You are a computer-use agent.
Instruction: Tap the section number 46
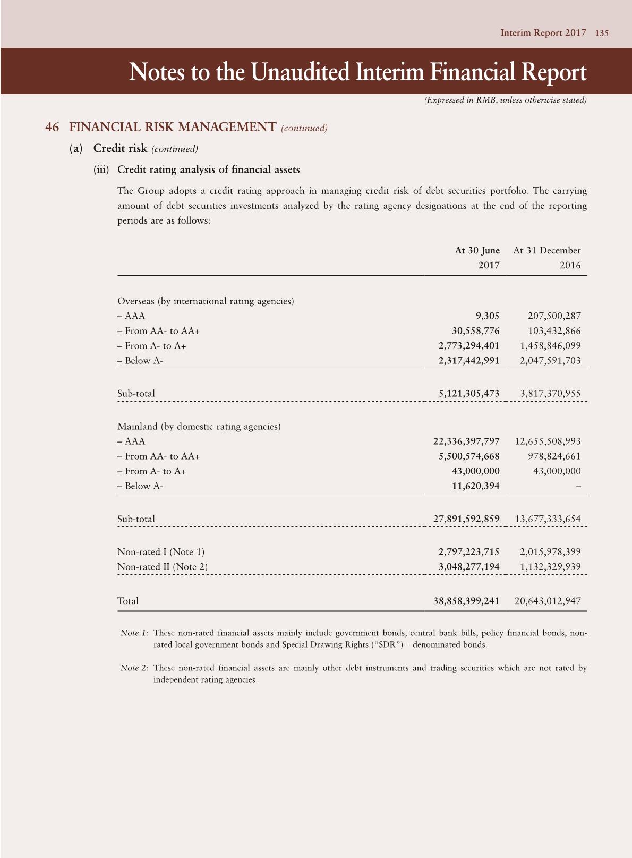[52, 127]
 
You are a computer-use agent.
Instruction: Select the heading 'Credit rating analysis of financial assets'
[208, 170]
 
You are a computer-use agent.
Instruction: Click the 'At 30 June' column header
[477, 250]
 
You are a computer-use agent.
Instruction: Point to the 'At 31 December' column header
[546, 250]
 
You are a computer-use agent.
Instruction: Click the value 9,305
[488, 316]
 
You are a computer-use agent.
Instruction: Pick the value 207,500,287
[554, 316]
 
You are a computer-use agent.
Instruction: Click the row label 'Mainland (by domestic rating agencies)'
[199, 427]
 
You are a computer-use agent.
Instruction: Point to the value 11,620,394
[475, 486]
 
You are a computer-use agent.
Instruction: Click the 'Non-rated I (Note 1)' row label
[161, 552]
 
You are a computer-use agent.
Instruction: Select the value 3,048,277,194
[469, 567]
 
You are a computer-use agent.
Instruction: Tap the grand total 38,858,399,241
[466, 601]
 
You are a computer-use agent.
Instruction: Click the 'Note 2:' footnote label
[134, 668]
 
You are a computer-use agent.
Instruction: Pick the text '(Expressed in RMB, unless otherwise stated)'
[505, 100]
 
